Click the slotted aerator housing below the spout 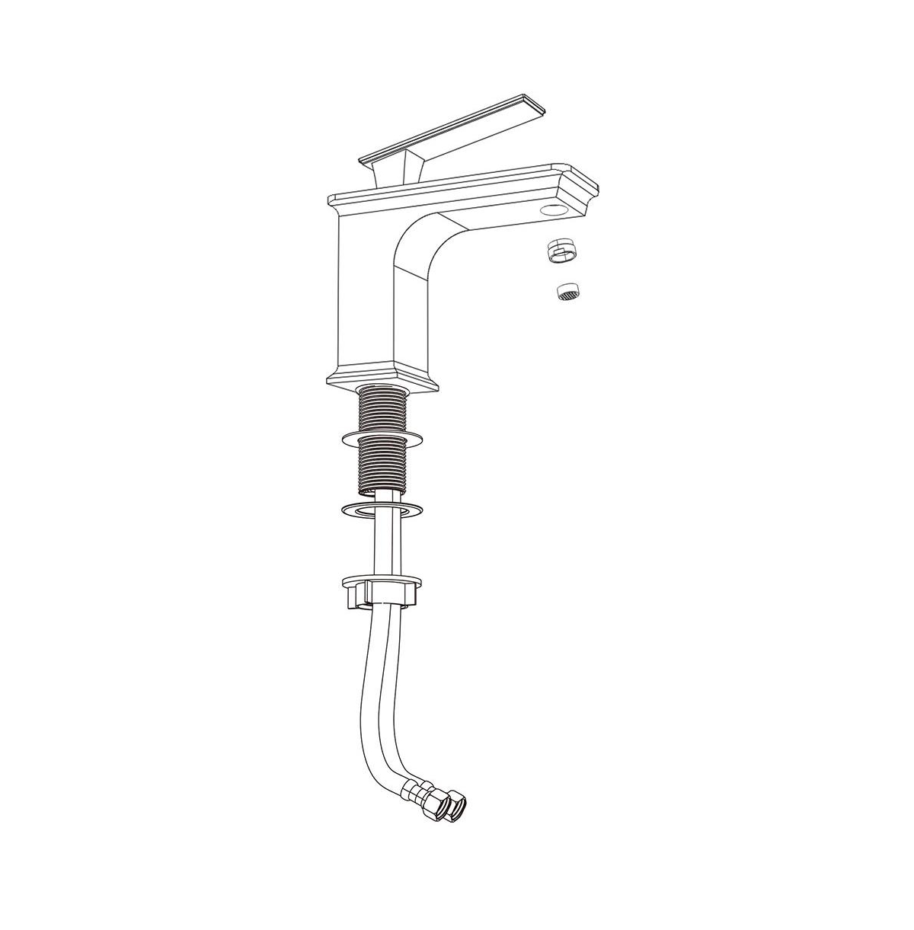(x=559, y=251)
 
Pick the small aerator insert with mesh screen (x=564, y=291)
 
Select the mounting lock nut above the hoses (x=382, y=591)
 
